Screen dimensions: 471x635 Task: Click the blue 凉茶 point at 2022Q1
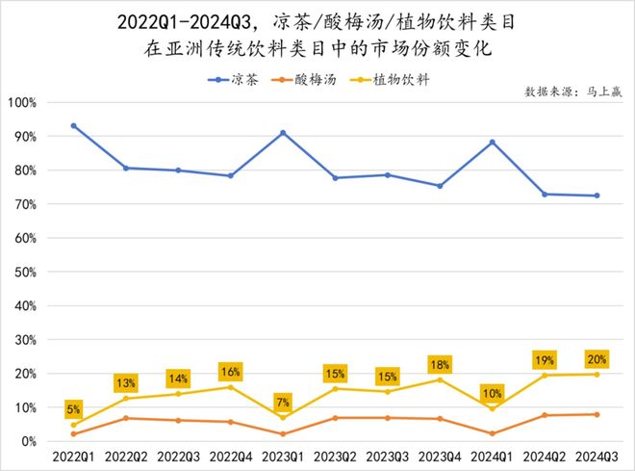pyautogui.click(x=74, y=126)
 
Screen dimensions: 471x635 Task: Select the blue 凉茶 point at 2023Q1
pyautogui.click(x=283, y=133)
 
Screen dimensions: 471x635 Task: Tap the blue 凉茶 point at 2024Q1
pyautogui.click(x=492, y=143)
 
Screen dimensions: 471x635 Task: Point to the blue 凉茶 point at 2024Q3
pyautogui.click(x=596, y=196)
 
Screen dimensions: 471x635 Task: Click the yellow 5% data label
pyautogui.click(x=74, y=408)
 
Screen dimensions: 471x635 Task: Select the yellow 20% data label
pyautogui.click(x=596, y=359)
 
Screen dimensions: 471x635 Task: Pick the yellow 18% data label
pyautogui.click(x=439, y=364)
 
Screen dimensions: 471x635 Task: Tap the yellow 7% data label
pyautogui.click(x=283, y=401)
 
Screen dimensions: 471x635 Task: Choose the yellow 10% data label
pyautogui.click(x=492, y=393)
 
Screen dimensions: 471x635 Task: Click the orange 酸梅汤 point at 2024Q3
pyautogui.click(x=596, y=414)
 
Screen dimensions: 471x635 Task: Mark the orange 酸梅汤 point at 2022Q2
pyautogui.click(x=126, y=418)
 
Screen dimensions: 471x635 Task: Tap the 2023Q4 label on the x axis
pyautogui.click(x=439, y=455)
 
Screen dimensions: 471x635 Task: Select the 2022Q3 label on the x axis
pyautogui.click(x=178, y=455)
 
